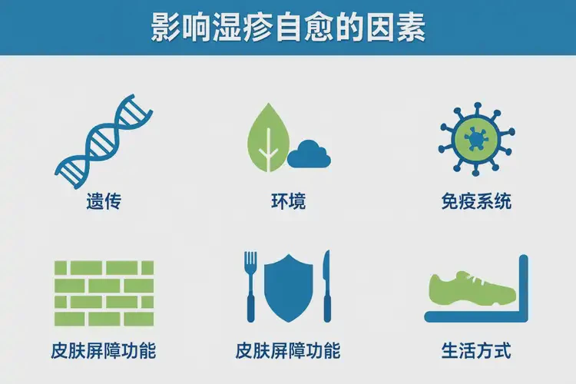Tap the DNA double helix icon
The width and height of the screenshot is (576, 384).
click(x=104, y=142)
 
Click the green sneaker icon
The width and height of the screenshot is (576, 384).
click(x=471, y=289)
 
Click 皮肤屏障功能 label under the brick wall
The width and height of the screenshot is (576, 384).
click(x=104, y=352)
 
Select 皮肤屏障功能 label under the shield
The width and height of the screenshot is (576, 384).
click(x=288, y=352)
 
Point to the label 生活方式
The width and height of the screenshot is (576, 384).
click(x=476, y=352)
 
